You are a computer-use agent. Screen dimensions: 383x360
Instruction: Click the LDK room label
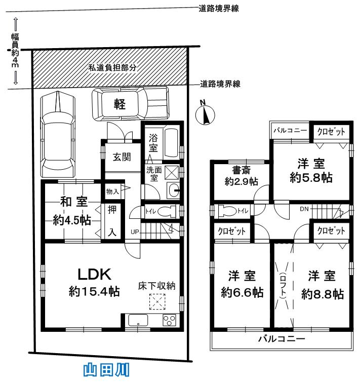[x=94, y=274]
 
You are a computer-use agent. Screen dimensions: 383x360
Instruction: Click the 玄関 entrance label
[x=122, y=157]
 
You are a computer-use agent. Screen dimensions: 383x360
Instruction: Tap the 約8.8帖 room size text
[x=323, y=293]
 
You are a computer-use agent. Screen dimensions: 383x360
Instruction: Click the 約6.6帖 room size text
[x=241, y=293]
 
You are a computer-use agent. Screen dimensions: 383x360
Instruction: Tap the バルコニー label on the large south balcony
[x=282, y=338]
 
